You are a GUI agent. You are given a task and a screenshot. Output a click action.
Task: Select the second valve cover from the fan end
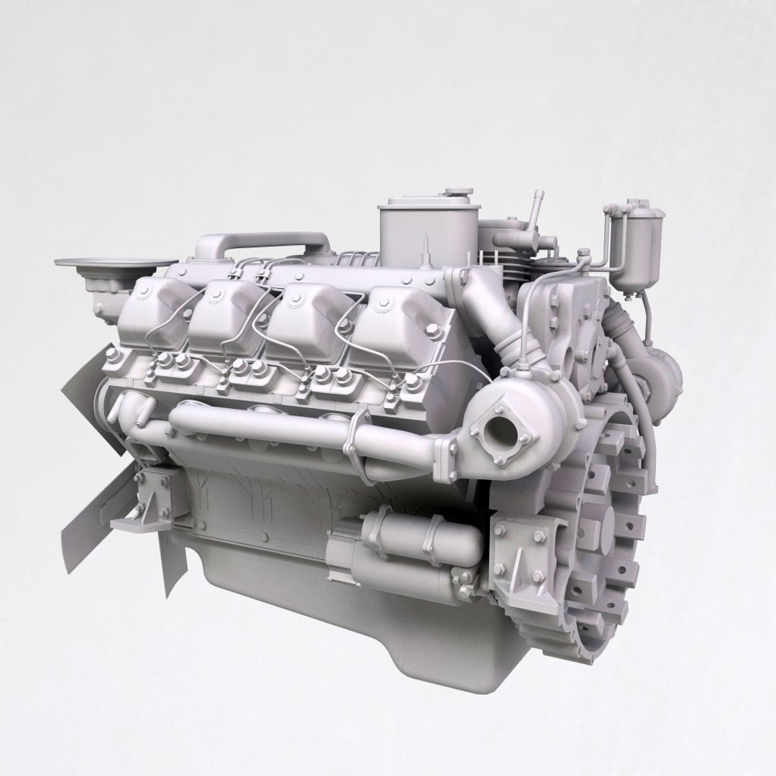(227, 309)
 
